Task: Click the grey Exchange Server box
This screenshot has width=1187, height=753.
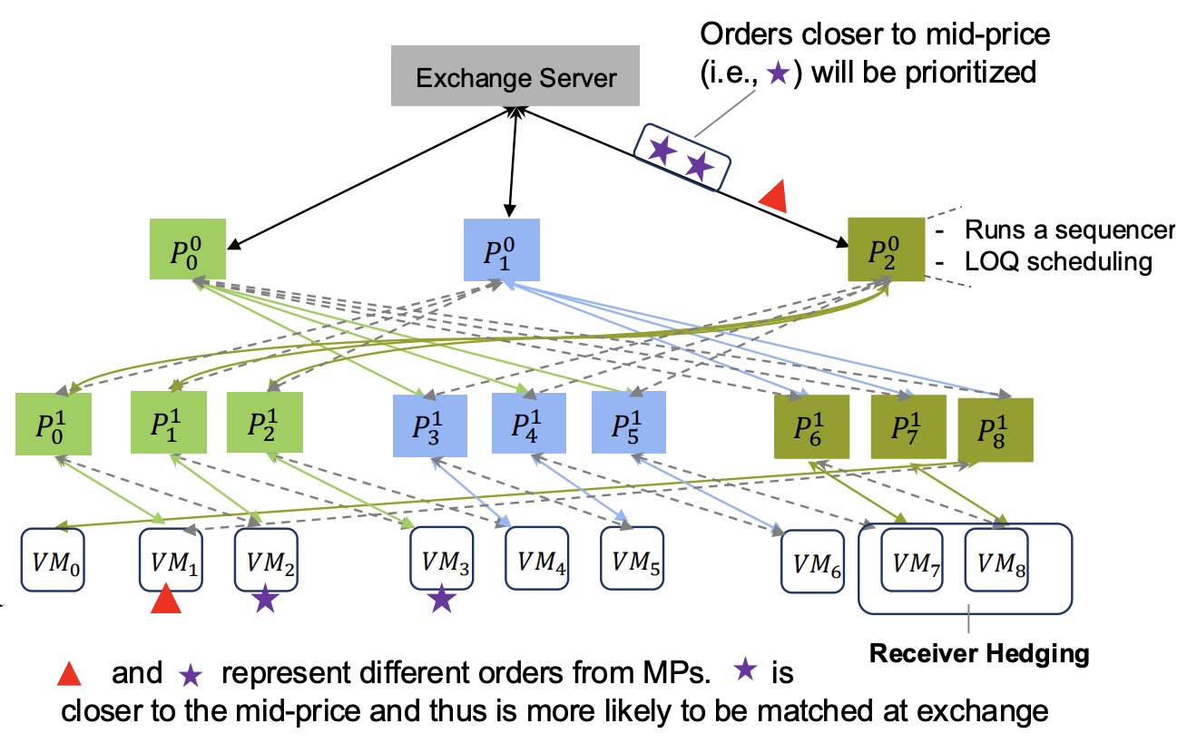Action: click(x=515, y=77)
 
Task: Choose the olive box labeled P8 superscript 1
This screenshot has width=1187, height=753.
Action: click(x=996, y=428)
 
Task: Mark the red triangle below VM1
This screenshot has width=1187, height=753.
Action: click(x=166, y=600)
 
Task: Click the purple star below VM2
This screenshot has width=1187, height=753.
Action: click(x=264, y=600)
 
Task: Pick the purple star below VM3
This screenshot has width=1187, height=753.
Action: click(x=441, y=600)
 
